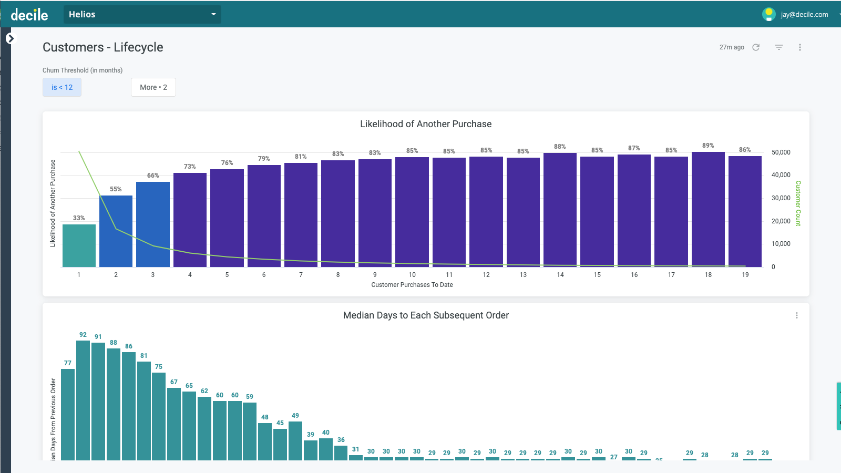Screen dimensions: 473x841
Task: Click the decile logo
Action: (29, 15)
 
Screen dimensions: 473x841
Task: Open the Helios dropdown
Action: (142, 14)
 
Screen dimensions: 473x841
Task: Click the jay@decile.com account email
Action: (804, 15)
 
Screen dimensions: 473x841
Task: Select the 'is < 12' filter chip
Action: (62, 87)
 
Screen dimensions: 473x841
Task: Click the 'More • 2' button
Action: (153, 87)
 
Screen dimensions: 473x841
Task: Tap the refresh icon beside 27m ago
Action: (756, 47)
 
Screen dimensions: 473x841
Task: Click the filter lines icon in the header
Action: (779, 47)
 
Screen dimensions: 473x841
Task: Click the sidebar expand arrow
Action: (10, 38)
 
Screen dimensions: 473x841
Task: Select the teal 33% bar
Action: (79, 245)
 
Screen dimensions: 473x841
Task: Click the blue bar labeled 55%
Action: (116, 231)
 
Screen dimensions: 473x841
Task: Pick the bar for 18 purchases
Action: (708, 210)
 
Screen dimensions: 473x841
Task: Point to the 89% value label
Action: (708, 146)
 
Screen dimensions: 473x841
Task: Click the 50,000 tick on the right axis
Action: (781, 152)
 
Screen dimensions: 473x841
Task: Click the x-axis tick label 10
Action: (412, 275)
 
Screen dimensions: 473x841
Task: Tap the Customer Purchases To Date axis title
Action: (412, 285)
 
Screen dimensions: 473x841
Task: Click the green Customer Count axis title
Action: (798, 203)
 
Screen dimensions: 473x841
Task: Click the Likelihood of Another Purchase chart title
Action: (426, 124)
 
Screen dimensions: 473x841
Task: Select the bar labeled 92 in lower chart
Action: (83, 399)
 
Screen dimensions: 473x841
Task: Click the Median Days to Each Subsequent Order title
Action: (426, 315)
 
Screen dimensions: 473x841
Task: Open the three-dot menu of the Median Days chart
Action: (797, 315)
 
